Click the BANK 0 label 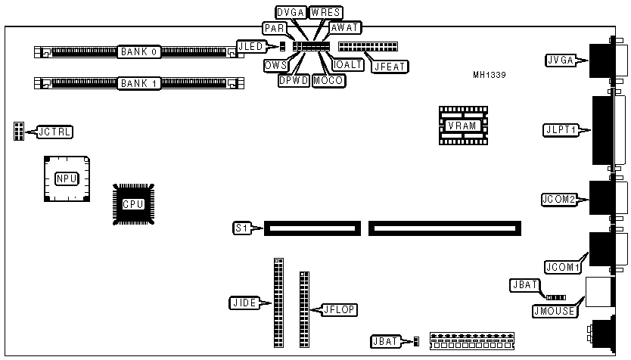tap(138, 52)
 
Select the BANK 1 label tap(138, 82)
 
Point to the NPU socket tap(66, 178)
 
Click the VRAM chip tap(461, 126)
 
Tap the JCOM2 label tap(559, 200)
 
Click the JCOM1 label tap(562, 267)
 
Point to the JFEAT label tap(390, 66)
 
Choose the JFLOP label tap(338, 309)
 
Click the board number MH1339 tap(489, 75)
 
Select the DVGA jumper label tap(290, 13)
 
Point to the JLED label tap(250, 46)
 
